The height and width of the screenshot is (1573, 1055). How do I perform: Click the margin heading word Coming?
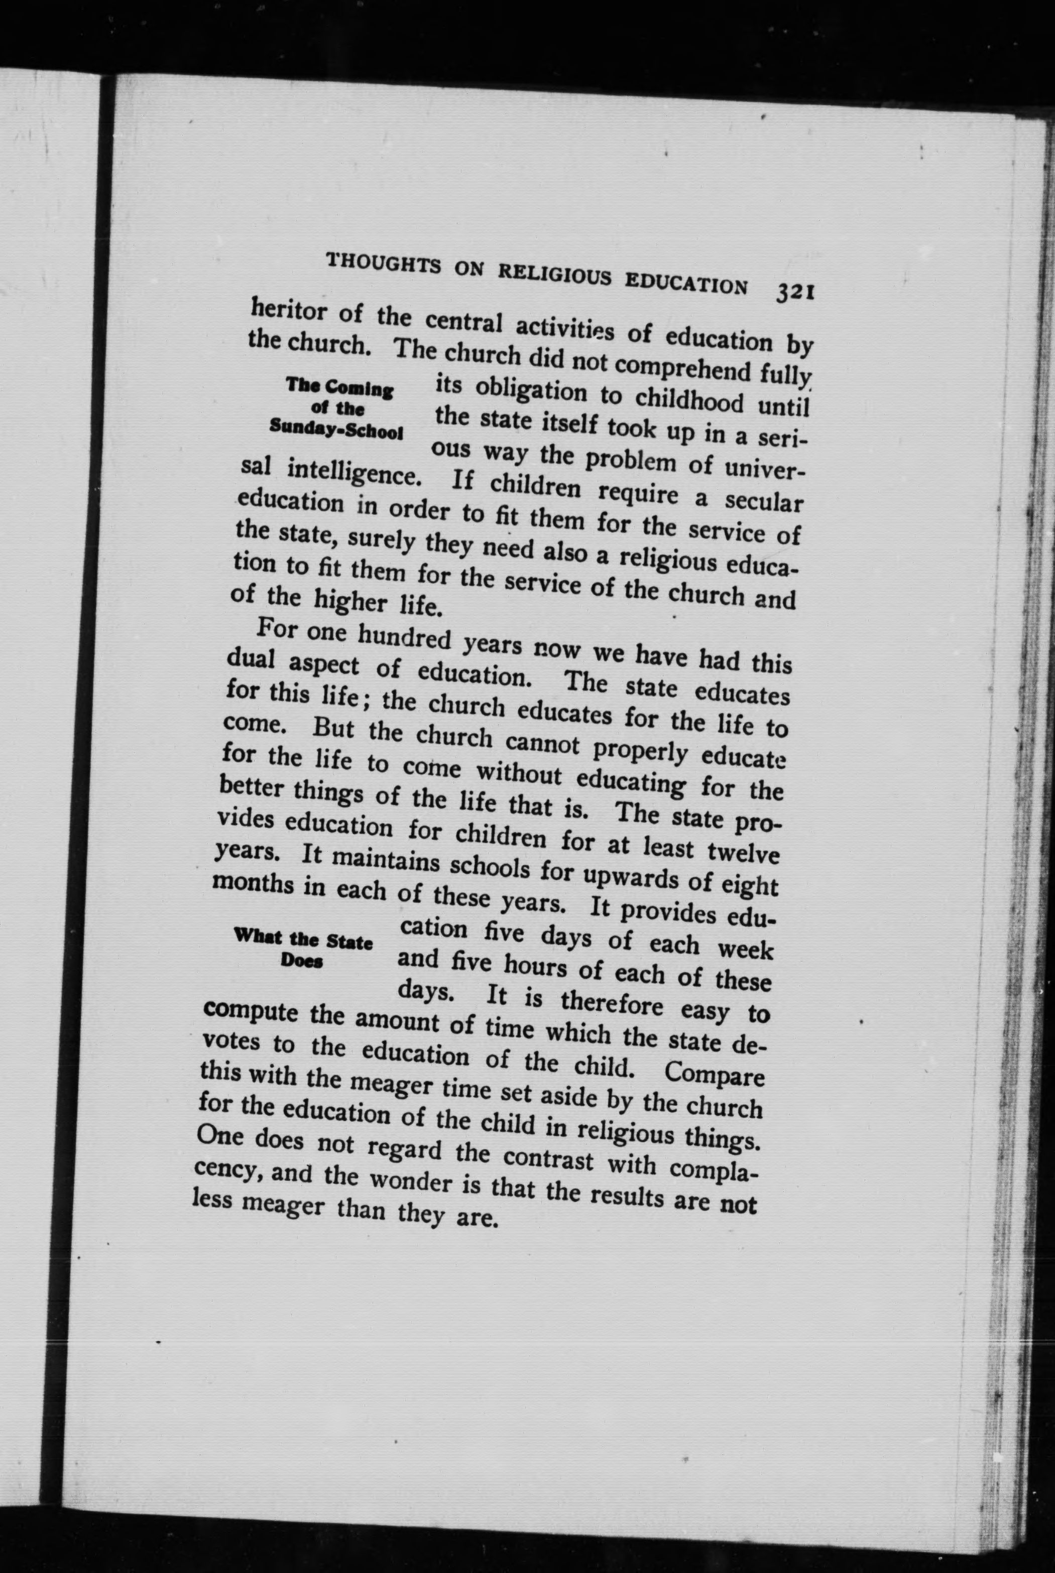(360, 388)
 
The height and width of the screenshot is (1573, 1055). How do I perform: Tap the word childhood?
(691, 400)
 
